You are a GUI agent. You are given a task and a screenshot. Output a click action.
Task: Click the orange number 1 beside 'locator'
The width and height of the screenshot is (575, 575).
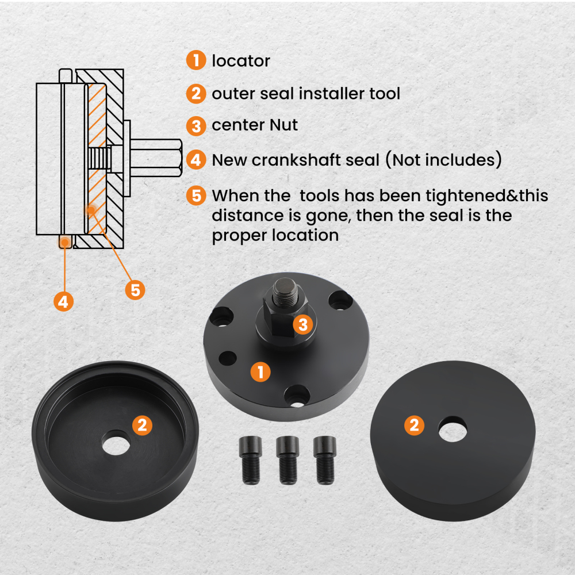196,60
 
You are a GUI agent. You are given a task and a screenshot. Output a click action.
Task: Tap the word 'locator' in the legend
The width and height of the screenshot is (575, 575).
241,60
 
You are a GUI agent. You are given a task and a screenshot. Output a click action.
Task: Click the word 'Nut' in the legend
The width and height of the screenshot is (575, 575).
283,125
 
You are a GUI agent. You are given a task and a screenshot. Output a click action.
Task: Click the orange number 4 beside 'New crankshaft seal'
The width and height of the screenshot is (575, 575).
196,160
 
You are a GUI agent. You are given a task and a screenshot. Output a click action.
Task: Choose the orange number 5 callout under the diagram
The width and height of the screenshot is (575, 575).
135,290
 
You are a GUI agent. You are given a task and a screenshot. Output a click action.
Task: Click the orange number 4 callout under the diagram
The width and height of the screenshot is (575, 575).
63,301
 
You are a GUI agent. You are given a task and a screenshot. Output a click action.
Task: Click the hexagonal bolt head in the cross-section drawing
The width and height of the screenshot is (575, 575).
156,158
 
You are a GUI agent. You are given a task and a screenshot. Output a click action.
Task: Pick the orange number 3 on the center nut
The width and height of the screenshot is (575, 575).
303,324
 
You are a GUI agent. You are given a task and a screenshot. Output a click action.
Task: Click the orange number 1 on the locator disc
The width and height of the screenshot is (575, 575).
260,372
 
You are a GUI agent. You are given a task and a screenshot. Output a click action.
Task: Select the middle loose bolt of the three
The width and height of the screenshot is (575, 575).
287,460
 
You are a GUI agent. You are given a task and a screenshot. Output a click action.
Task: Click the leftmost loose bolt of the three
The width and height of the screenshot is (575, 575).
251,460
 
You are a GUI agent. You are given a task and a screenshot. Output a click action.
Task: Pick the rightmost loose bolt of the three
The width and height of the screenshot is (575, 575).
324,460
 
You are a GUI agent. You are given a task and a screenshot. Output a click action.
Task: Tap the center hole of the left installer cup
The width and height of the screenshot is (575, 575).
116,443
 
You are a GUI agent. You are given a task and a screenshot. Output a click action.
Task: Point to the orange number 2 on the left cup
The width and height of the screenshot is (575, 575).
142,425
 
